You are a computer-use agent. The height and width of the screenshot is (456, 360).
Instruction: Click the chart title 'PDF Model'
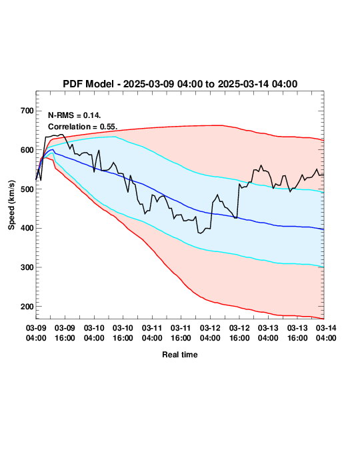tap(88, 84)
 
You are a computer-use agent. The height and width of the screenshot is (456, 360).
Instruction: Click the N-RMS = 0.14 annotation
tap(75, 115)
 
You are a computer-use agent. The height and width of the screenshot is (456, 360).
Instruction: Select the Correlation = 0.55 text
tap(83, 127)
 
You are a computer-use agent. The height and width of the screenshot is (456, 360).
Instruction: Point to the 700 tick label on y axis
tap(27, 111)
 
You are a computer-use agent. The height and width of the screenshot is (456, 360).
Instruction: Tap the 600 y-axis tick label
tap(27, 150)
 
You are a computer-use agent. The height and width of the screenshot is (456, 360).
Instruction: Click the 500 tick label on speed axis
tap(27, 189)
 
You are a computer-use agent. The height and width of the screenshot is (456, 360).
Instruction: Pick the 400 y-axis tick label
tap(27, 228)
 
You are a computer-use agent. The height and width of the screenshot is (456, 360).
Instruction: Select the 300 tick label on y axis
tap(27, 267)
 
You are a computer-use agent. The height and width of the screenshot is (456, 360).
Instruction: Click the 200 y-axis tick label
tap(27, 307)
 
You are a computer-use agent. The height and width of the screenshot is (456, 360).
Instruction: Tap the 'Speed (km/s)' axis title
tap(11, 205)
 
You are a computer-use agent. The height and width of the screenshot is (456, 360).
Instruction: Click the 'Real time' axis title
tap(180, 355)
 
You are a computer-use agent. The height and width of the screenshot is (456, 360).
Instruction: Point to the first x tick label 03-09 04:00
tap(36, 333)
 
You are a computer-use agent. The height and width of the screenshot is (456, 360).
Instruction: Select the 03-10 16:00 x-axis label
tap(123, 333)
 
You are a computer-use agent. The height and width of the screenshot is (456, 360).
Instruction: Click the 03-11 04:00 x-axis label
tap(152, 333)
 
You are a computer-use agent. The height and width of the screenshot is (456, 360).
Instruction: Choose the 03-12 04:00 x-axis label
tap(210, 333)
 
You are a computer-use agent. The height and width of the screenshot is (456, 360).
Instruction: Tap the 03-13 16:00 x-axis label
tap(297, 333)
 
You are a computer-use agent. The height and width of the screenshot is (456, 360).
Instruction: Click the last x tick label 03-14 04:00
tap(326, 333)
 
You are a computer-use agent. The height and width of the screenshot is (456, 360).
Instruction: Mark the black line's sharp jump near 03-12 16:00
tap(238, 201)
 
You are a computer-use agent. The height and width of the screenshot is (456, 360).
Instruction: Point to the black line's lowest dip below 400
tap(200, 233)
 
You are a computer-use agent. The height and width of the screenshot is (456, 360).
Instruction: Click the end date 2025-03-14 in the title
tap(244, 84)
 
